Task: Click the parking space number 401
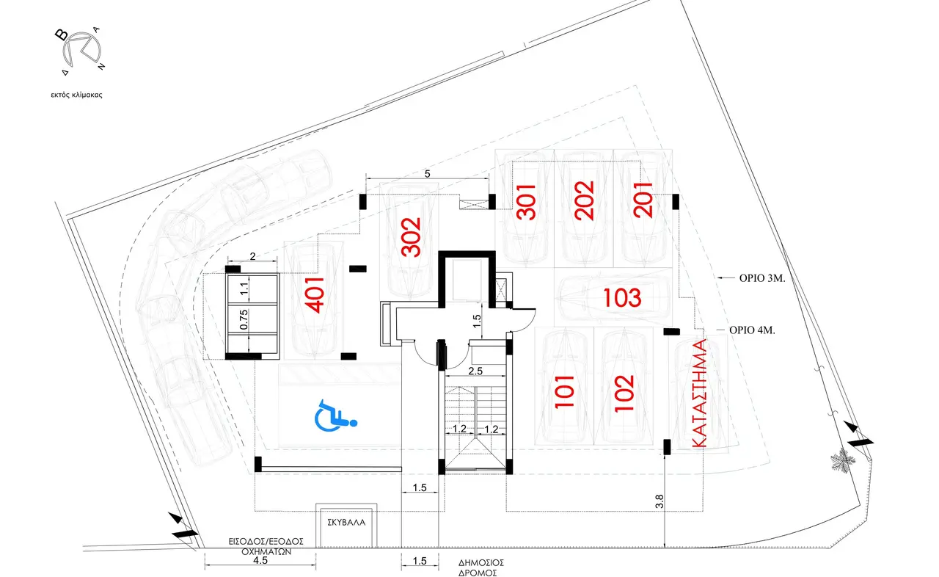click(316, 295)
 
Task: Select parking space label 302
click(411, 237)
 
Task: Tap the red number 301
click(527, 202)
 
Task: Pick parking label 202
click(585, 200)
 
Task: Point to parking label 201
click(643, 200)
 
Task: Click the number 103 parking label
click(622, 298)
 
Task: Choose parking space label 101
click(564, 392)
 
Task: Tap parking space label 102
click(624, 393)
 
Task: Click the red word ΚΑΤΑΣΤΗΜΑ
click(698, 393)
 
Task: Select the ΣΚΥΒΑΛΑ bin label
click(346, 523)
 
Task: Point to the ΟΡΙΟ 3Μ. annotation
click(762, 278)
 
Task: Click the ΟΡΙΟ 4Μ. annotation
click(752, 330)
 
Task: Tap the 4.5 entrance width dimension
click(260, 560)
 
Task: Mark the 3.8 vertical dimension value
click(660, 501)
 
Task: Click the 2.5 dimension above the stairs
click(475, 371)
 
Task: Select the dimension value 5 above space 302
click(427, 173)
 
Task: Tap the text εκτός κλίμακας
click(77, 95)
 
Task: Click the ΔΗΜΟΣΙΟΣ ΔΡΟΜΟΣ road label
click(481, 567)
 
